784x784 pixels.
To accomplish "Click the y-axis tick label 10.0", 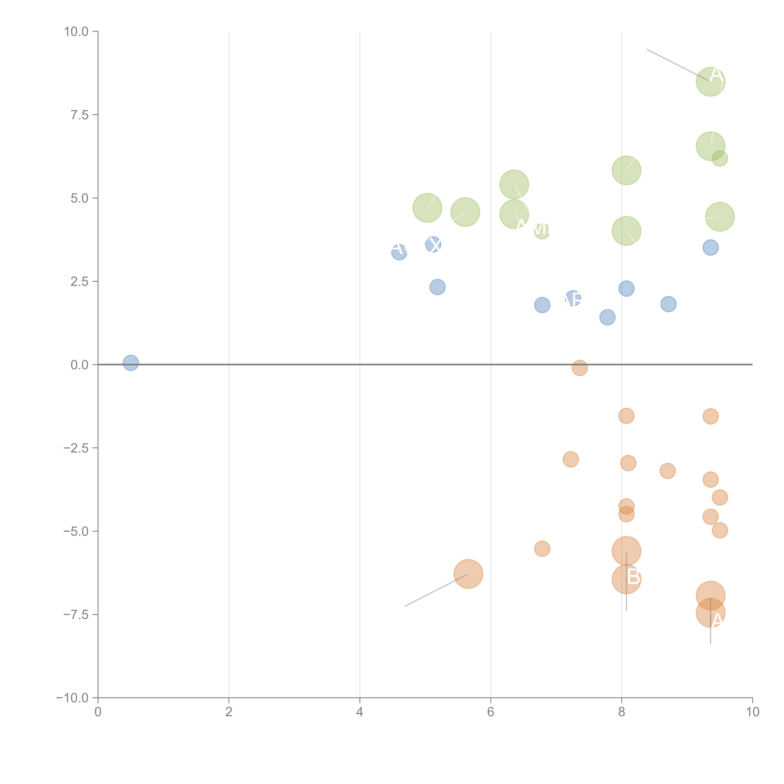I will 76,32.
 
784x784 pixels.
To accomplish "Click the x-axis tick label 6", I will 491,712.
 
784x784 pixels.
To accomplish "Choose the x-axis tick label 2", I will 229,712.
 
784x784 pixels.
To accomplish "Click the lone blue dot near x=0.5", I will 131,363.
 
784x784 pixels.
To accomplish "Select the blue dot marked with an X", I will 433,245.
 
